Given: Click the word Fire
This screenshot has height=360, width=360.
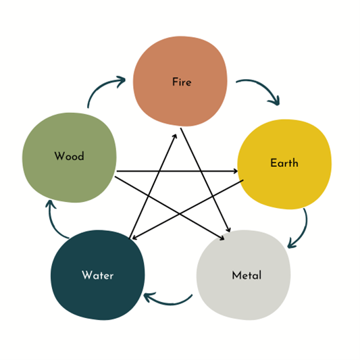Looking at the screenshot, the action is click(182, 82).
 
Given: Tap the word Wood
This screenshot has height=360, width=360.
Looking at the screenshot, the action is click(69, 156).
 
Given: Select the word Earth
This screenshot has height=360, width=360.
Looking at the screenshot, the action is click(284, 163).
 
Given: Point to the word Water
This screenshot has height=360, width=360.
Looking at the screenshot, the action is click(97, 275).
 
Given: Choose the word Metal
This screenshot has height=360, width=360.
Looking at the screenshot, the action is click(247, 275).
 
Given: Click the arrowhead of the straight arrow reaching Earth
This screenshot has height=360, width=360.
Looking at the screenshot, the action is click(235, 171).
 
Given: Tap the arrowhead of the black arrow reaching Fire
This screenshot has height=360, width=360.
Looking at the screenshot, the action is click(175, 136).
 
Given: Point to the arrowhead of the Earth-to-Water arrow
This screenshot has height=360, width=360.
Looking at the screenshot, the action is click(135, 237).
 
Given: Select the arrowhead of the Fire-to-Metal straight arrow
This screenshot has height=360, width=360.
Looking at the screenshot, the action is click(228, 230).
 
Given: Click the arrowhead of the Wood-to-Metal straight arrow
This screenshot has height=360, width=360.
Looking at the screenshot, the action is click(222, 238).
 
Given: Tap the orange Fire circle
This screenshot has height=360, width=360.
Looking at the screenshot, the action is click(180, 81).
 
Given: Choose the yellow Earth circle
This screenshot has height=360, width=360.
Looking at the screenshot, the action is click(284, 164).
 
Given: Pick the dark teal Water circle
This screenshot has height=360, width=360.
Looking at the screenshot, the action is click(98, 275).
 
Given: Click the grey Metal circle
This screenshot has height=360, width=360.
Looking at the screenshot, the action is click(244, 275).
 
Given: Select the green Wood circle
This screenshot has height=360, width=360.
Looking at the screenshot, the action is click(70, 158).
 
